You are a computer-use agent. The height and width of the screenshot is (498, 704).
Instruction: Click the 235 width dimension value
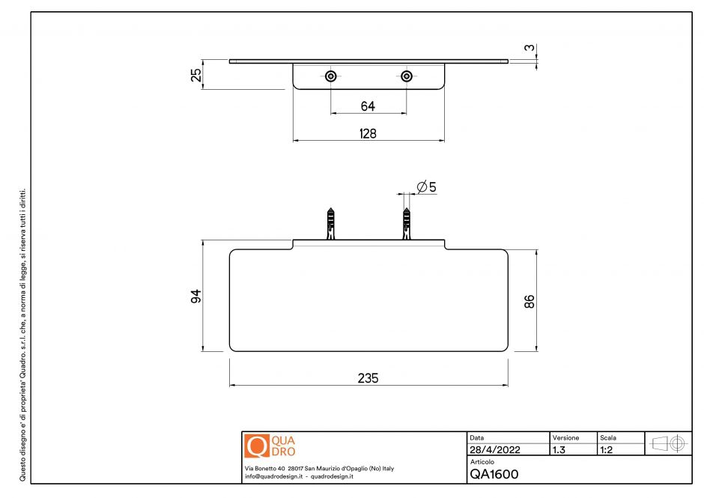tap(368, 378)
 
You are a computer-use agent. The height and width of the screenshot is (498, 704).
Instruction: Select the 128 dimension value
tap(368, 133)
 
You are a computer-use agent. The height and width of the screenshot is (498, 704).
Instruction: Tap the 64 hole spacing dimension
tap(368, 106)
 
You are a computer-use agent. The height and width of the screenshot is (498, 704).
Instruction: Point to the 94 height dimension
tap(196, 296)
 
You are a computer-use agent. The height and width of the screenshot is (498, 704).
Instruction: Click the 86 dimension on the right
tap(529, 302)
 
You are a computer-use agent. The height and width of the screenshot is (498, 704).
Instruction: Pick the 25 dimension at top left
tap(196, 76)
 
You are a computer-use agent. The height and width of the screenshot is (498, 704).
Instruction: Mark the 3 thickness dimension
tap(529, 49)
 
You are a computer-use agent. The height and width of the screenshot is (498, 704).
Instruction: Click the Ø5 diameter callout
tap(425, 186)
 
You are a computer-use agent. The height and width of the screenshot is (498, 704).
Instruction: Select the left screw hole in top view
tap(330, 76)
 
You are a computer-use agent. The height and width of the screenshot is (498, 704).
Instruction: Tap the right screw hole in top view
tap(407, 76)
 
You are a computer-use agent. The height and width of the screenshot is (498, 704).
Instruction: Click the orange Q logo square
tap(256, 446)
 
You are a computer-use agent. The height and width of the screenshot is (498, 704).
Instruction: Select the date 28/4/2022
tap(494, 450)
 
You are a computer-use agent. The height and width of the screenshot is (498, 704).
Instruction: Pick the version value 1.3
tap(558, 450)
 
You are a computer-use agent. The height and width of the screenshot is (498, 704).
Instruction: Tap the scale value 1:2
tap(608, 450)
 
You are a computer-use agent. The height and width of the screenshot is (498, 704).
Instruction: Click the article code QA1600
tap(494, 474)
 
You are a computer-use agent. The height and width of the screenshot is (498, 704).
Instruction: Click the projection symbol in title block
tap(669, 443)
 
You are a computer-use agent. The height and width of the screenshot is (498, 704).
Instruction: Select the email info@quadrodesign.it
tap(273, 476)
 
